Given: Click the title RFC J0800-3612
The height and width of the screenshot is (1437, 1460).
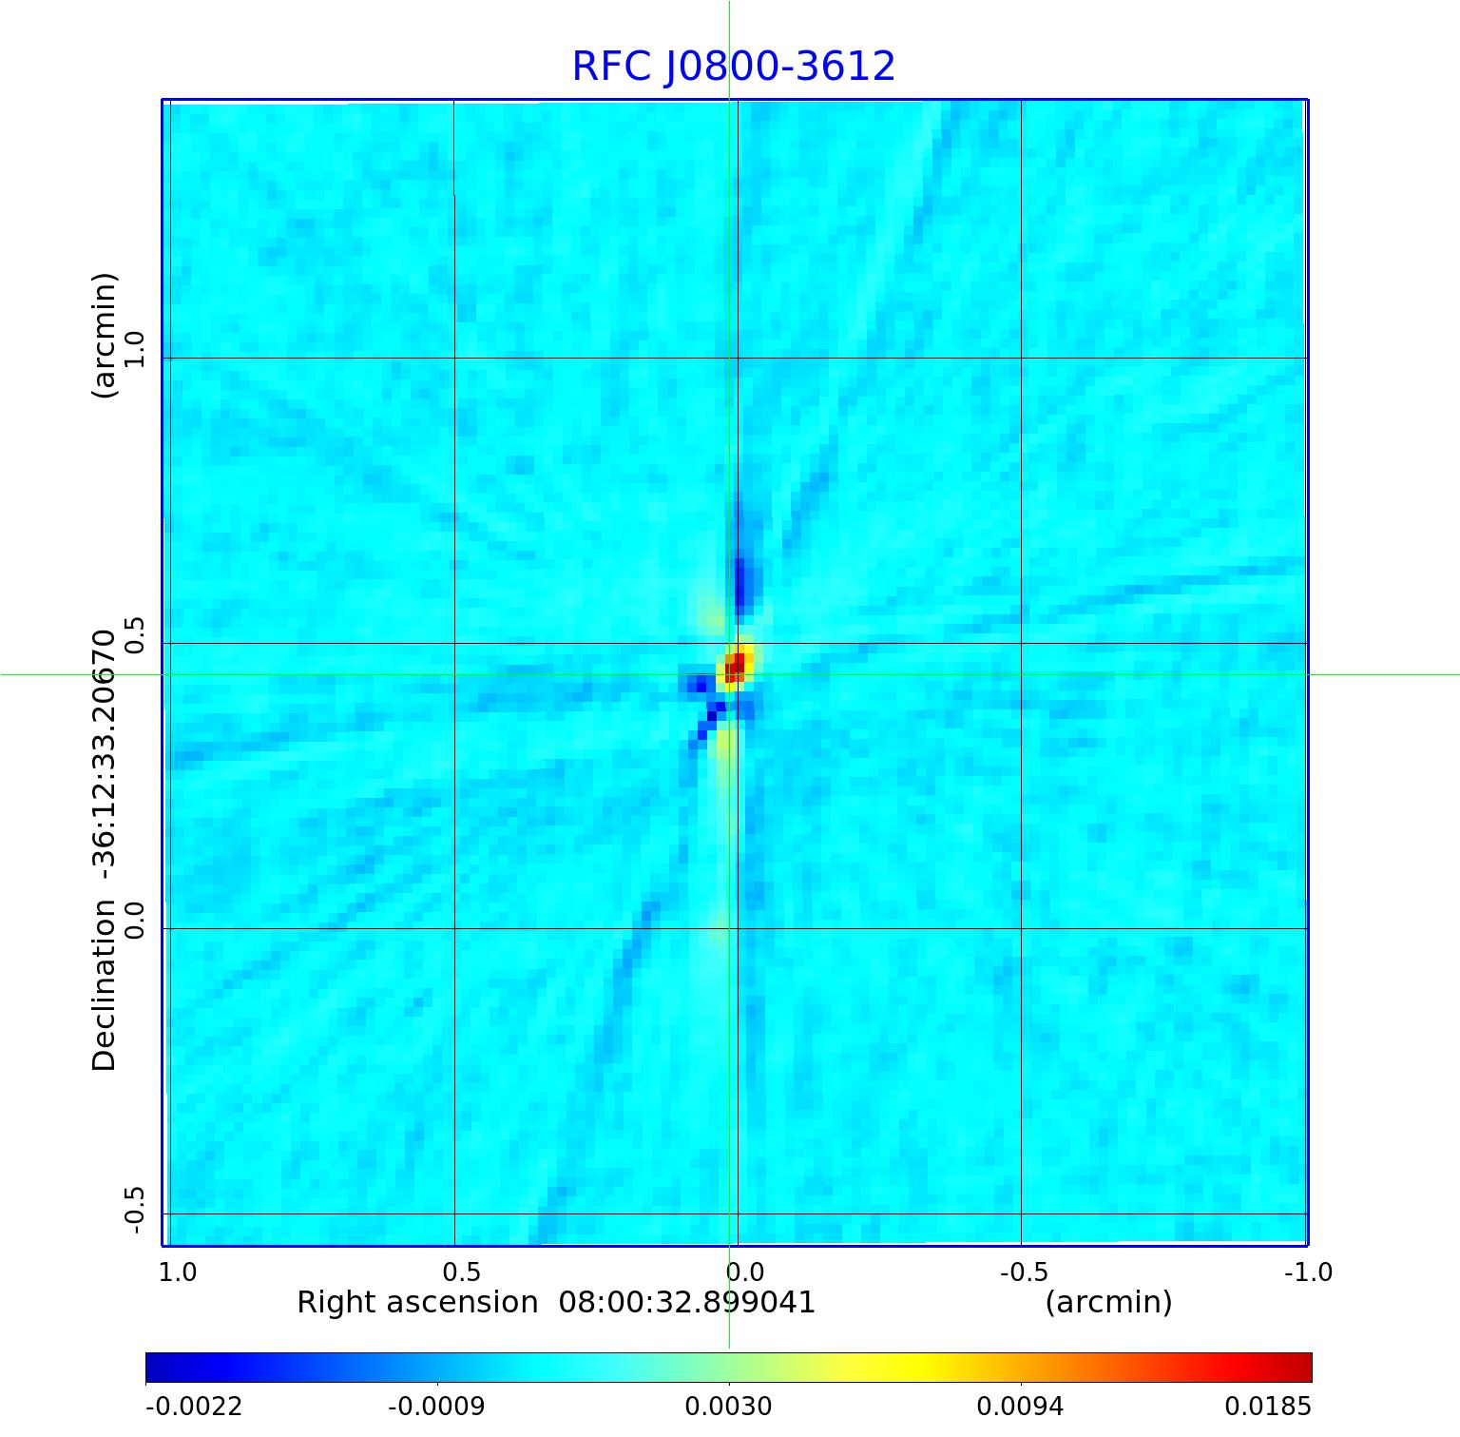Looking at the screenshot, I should [x=733, y=67].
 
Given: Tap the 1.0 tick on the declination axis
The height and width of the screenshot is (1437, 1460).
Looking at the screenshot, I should [x=134, y=349].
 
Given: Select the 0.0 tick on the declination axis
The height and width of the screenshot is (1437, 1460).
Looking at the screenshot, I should [x=134, y=920].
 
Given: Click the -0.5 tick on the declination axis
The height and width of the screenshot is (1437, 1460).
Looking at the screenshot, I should [x=134, y=1210].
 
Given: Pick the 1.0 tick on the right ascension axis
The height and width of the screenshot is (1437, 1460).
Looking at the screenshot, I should [x=178, y=1272].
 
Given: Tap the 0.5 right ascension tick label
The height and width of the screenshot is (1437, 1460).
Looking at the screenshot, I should [x=462, y=1272].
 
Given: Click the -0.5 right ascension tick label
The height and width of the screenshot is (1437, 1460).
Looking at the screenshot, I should [x=1024, y=1272].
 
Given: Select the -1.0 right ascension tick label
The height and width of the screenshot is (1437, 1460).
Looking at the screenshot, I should [x=1308, y=1272].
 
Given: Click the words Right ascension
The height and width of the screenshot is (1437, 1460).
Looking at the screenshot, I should [x=417, y=1302].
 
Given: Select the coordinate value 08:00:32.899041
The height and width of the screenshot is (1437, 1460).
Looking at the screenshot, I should [x=686, y=1302].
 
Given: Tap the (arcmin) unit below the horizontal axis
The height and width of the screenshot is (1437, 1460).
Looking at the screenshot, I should [x=1108, y=1302].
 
